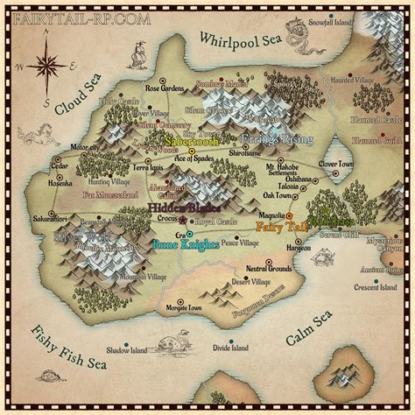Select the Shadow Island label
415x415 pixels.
tap(125, 349)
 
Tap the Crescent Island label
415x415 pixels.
tap(379, 287)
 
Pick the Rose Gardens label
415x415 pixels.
tap(166, 88)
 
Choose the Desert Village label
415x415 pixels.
tap(252, 282)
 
